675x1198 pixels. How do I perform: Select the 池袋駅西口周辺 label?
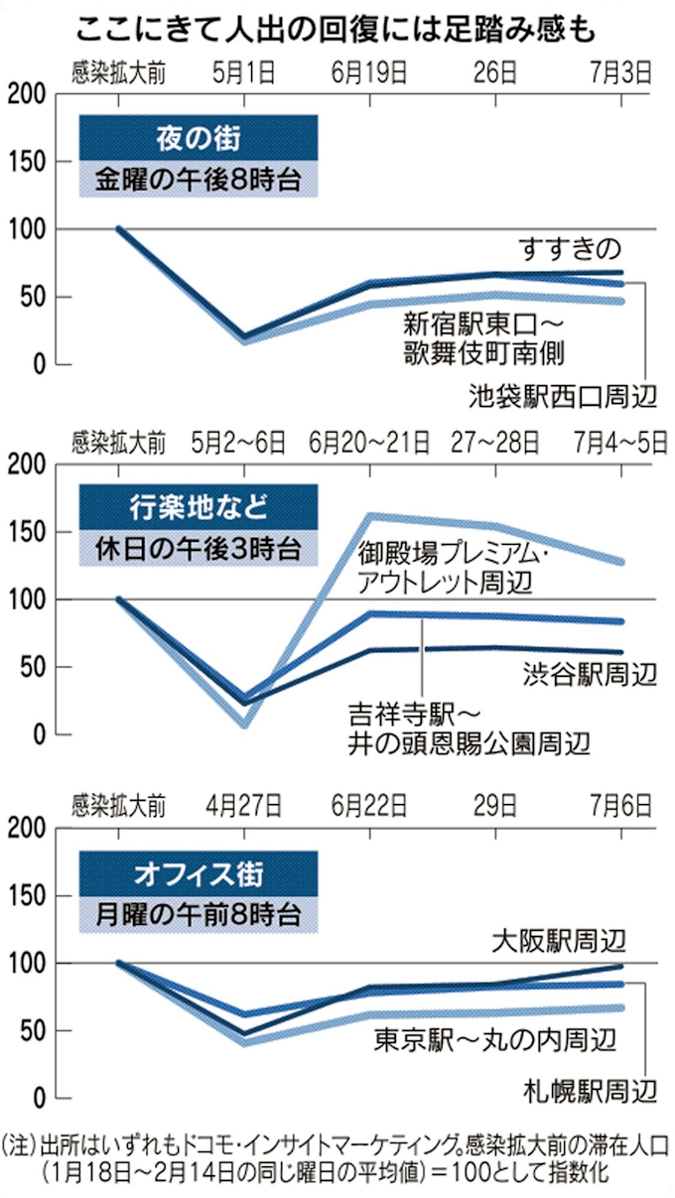(x=563, y=397)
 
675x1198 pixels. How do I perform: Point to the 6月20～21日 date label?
(x=370, y=441)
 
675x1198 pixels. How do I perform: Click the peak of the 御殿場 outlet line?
(x=370, y=515)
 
